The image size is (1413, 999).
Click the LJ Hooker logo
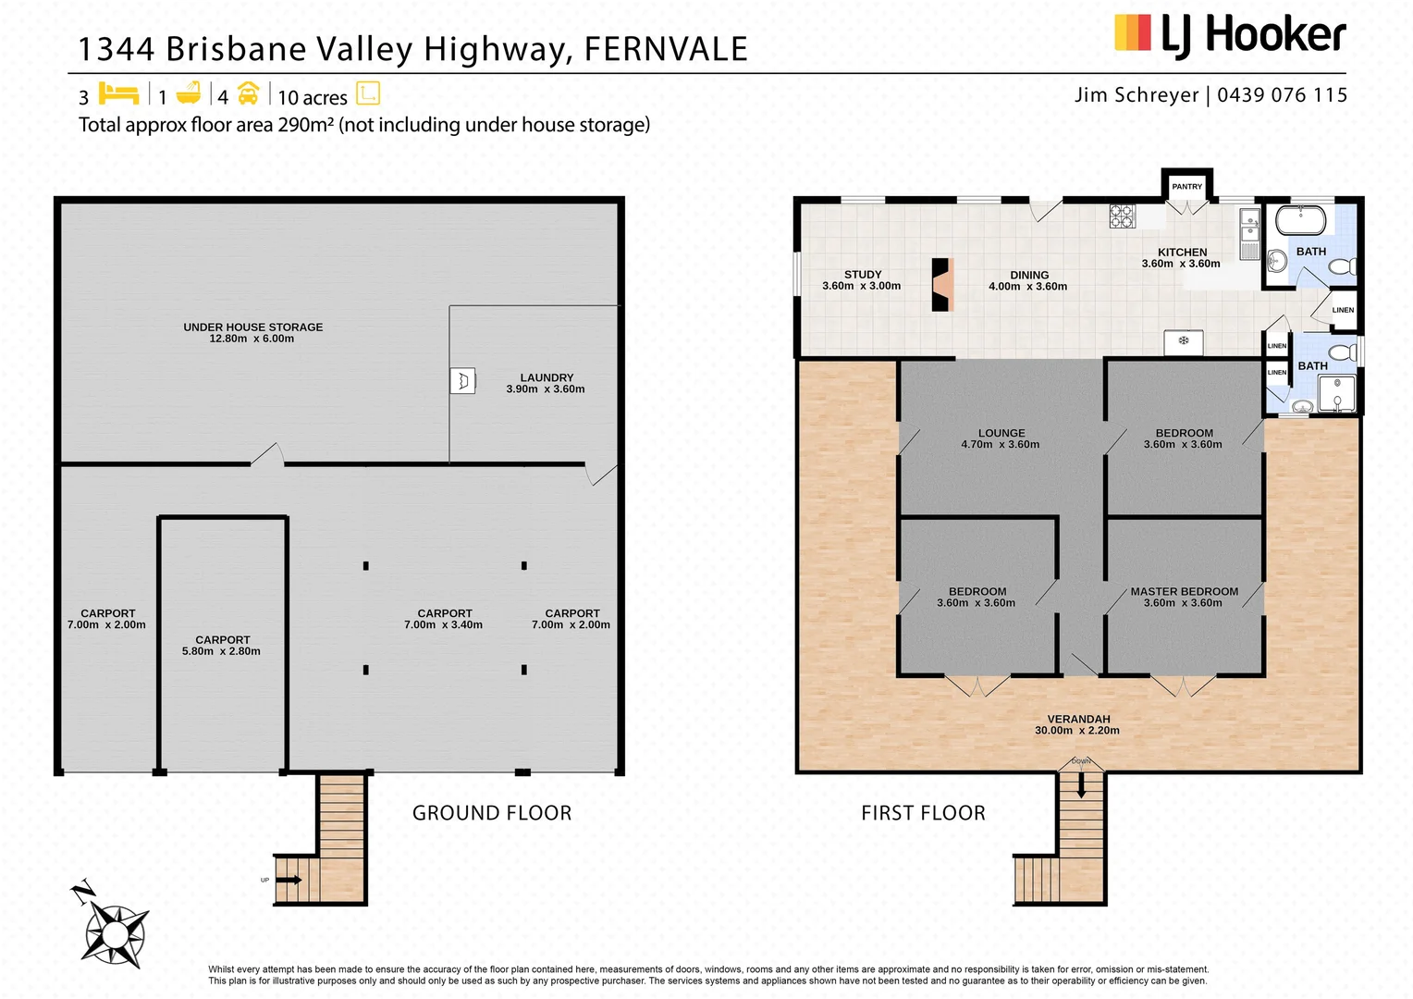click(1230, 35)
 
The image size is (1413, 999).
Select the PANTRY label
click(1186, 187)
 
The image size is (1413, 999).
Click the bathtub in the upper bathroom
click(1300, 221)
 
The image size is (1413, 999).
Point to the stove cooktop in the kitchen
click(1122, 216)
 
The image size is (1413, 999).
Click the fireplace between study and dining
click(941, 284)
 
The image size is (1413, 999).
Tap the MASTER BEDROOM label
click(1184, 592)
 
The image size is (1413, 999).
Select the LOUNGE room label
click(1001, 433)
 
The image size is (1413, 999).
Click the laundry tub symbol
click(462, 381)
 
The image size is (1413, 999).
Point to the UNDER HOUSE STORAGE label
click(252, 327)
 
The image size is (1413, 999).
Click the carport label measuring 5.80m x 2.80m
click(222, 645)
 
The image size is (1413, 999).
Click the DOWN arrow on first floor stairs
click(1080, 785)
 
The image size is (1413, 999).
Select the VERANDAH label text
click(1078, 719)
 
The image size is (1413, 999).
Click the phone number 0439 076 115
click(1282, 95)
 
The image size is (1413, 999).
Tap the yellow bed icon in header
click(118, 93)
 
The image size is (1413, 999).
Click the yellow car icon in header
click(248, 93)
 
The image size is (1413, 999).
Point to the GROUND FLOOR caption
click(492, 813)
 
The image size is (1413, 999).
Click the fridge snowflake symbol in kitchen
click(1183, 341)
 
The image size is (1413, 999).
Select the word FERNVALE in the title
click(665, 49)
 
